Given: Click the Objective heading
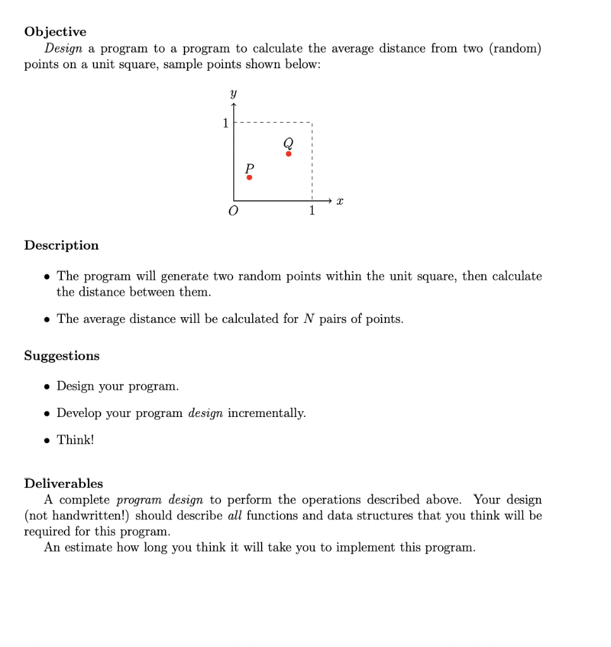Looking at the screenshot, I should click(x=55, y=32).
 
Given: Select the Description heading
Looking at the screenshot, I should click(x=61, y=245).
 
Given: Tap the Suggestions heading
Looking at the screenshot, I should click(x=61, y=356).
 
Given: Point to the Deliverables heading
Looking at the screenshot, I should click(x=63, y=483).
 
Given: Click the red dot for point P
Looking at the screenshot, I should click(x=249, y=178).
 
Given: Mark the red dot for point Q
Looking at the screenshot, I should click(x=289, y=154).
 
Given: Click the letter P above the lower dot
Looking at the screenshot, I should click(x=249, y=167).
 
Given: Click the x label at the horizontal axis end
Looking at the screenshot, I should click(x=339, y=201).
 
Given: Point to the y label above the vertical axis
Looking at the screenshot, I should click(x=233, y=94).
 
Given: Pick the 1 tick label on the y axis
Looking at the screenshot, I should click(x=225, y=123).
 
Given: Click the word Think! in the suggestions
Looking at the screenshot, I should click(x=75, y=440).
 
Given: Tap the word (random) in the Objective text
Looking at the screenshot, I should click(x=515, y=49).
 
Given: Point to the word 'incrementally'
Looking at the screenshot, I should click(x=267, y=413).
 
